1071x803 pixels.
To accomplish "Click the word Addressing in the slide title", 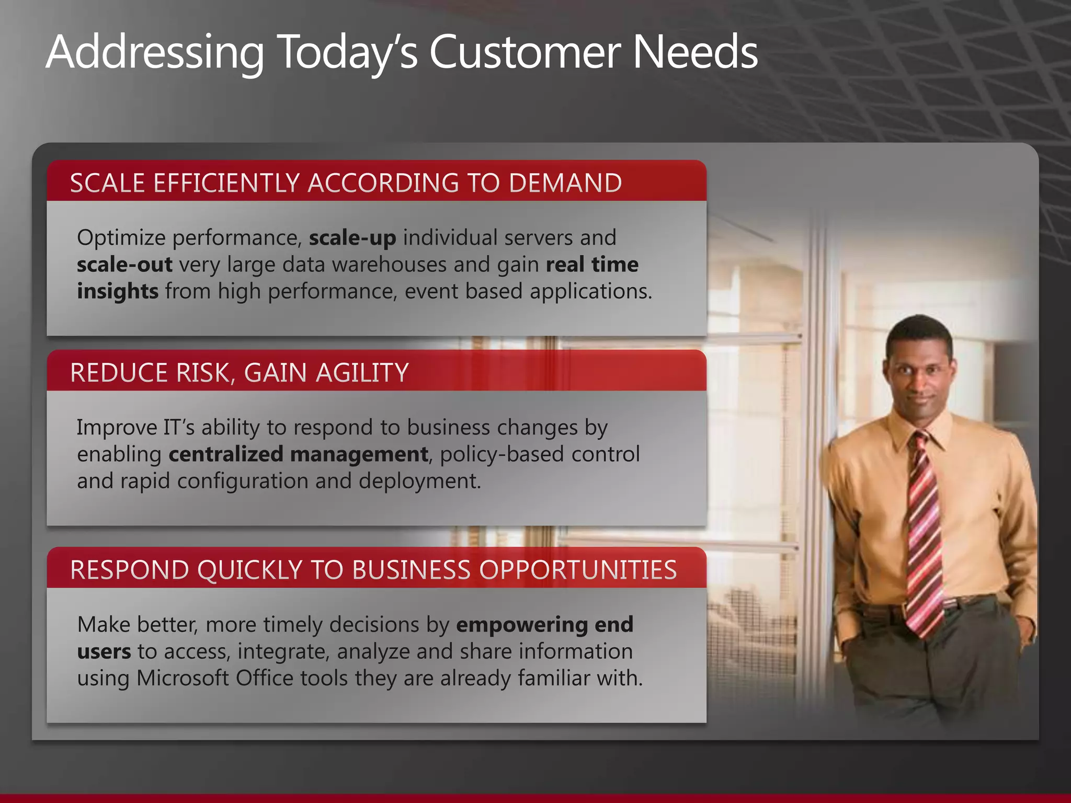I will click(x=155, y=52).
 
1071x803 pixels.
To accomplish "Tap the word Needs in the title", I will click(x=696, y=52).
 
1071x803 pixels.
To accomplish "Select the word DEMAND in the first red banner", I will click(x=565, y=183).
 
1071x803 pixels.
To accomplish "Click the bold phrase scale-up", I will click(x=352, y=238).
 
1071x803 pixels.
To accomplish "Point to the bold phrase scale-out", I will click(x=124, y=265).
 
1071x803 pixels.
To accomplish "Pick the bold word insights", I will click(x=118, y=291).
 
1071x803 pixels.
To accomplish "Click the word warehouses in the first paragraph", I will click(x=389, y=265).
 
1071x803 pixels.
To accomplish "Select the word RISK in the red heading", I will click(x=202, y=373).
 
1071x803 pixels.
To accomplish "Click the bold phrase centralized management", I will click(x=298, y=454).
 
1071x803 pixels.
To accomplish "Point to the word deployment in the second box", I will click(x=418, y=481).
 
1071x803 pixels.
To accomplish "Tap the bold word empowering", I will click(x=522, y=625).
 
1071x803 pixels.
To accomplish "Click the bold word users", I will click(x=104, y=651).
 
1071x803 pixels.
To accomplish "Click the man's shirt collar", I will click(x=920, y=429).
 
